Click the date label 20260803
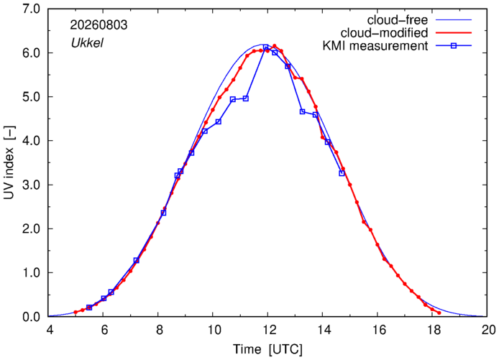pyautogui.click(x=99, y=25)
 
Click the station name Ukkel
pyautogui.click(x=87, y=42)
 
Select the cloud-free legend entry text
pyautogui.click(x=398, y=20)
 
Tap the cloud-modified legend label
pyautogui.click(x=384, y=33)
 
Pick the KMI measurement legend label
pyautogui.click(x=375, y=46)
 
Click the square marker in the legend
pyautogui.click(x=454, y=46)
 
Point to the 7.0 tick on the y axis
pyautogui.click(x=31, y=9)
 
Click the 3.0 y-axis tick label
pyautogui.click(x=31, y=185)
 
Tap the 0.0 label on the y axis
pyautogui.click(x=31, y=317)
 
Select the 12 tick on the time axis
pyautogui.click(x=268, y=330)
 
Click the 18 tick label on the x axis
pyautogui.click(x=432, y=330)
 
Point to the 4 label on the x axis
pyautogui.click(x=50, y=330)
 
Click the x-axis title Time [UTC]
pyautogui.click(x=268, y=349)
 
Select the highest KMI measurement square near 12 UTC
pyautogui.click(x=266, y=47)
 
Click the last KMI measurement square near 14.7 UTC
pyautogui.click(x=342, y=173)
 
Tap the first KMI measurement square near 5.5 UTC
pyautogui.click(x=89, y=308)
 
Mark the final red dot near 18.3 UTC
pyautogui.click(x=439, y=313)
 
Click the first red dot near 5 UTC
pyautogui.click(x=75, y=313)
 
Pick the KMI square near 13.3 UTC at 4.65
pyautogui.click(x=302, y=111)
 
